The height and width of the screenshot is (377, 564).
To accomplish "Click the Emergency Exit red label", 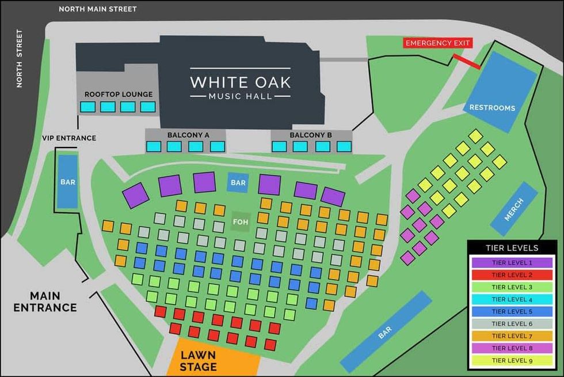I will (438, 43).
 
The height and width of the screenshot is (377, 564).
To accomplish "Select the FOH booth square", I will (241, 221).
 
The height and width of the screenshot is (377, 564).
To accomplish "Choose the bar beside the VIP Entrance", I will (67, 182).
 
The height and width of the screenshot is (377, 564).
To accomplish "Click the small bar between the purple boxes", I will (238, 183).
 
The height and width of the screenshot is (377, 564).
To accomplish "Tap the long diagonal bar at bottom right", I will (386, 331).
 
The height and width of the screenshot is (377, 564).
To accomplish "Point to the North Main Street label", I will (98, 9).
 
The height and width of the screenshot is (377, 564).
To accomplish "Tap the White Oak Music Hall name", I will (241, 86).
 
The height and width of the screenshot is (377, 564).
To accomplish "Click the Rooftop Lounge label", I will (119, 94).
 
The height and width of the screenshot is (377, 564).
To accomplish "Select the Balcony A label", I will (188, 135).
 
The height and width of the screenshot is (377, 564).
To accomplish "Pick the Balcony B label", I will (311, 135).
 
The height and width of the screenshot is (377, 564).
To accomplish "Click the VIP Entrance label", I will (69, 138).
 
